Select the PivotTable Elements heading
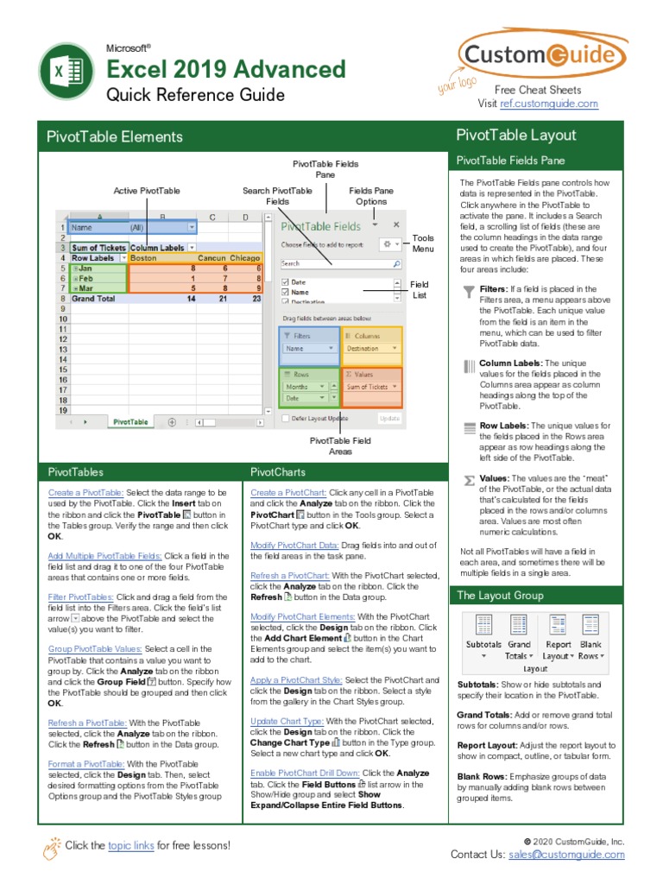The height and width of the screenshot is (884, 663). point(115,136)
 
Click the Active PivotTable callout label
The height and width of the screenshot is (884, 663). point(147,191)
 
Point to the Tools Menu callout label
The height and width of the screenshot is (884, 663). point(423,243)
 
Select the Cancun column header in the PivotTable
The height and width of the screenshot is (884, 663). point(211,257)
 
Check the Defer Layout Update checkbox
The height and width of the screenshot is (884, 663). point(286,419)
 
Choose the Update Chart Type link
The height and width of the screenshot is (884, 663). point(287,721)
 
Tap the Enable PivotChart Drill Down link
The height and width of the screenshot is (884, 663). point(305,773)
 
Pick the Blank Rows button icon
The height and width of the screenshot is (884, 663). point(591,625)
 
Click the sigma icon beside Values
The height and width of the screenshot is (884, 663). point(469,479)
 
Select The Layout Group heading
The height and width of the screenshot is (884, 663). point(500,596)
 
